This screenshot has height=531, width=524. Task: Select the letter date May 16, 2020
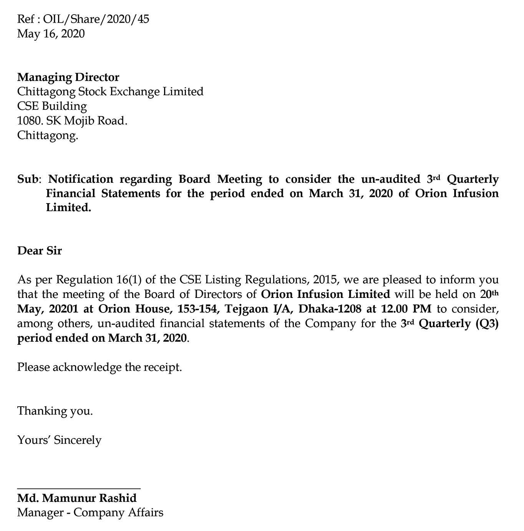[x=51, y=34]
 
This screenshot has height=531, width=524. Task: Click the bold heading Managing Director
[x=68, y=77]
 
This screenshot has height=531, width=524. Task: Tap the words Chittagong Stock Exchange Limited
[x=110, y=92]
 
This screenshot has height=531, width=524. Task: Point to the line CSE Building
[x=52, y=106]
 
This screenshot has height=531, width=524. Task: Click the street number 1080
[x=30, y=121]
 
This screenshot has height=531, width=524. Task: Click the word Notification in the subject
[x=81, y=179]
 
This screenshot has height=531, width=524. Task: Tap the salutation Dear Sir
[x=39, y=251]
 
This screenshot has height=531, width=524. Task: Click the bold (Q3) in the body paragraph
[x=487, y=323]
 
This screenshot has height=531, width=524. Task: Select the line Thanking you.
[x=55, y=411]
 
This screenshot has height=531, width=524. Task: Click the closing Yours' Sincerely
[x=59, y=440]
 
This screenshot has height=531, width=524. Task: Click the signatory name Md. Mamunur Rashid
[x=77, y=498]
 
